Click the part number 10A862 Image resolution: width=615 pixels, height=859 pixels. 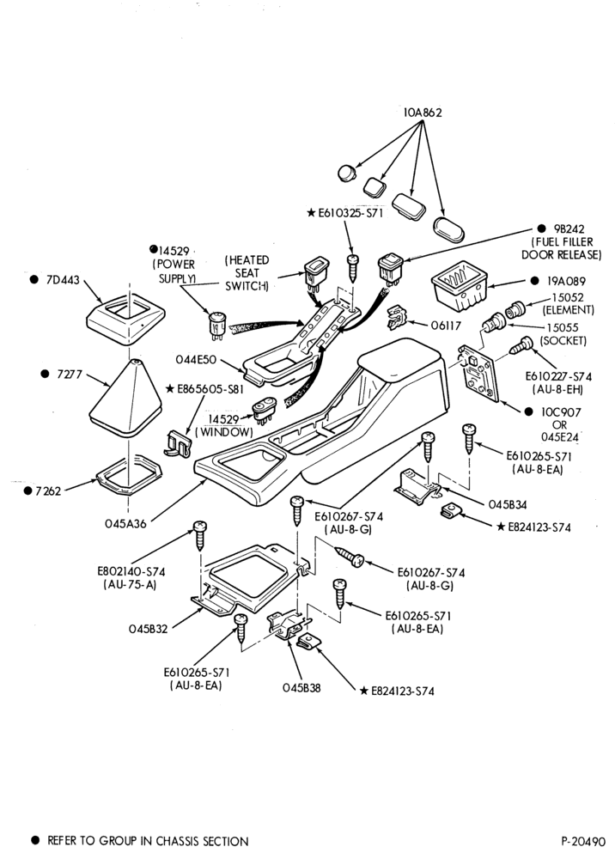(423, 113)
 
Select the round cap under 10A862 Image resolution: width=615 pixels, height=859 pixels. (347, 173)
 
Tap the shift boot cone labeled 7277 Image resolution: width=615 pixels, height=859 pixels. (125, 397)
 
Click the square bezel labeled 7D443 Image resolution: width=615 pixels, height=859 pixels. (126, 319)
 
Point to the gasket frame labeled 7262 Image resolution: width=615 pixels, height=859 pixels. (129, 474)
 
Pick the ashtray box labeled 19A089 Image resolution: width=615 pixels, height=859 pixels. (459, 285)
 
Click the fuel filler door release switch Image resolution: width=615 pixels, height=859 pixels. (391, 268)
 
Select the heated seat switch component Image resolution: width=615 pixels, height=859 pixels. (315, 273)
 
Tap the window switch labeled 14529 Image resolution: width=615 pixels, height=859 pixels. (265, 411)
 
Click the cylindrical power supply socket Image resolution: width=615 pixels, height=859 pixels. (216, 325)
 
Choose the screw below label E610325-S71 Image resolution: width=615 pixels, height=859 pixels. (353, 267)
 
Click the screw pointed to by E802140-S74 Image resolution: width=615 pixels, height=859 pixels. (199, 535)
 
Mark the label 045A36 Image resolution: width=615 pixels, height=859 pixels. (126, 523)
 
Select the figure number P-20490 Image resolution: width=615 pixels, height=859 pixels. (583, 841)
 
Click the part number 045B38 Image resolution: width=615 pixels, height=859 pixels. (301, 687)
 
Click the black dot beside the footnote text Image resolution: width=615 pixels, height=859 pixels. (35, 840)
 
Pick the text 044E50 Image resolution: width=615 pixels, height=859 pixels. (196, 359)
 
